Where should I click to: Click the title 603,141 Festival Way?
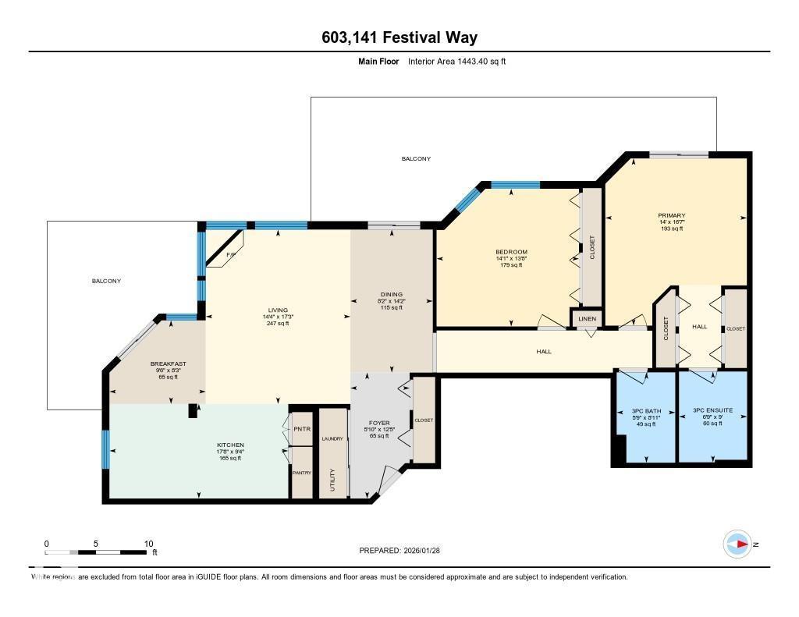[399, 37]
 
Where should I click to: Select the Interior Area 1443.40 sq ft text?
[456, 61]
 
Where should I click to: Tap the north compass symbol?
[737, 544]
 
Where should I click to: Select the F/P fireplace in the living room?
[230, 255]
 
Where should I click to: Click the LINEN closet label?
[588, 319]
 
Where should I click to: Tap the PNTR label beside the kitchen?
[301, 430]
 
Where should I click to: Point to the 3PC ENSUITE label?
[712, 410]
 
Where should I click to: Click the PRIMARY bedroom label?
[671, 215]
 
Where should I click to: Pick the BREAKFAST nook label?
[169, 363]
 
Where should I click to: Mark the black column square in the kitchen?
[193, 411]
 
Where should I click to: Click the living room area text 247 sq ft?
[277, 324]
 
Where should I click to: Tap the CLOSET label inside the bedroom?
[592, 247]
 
